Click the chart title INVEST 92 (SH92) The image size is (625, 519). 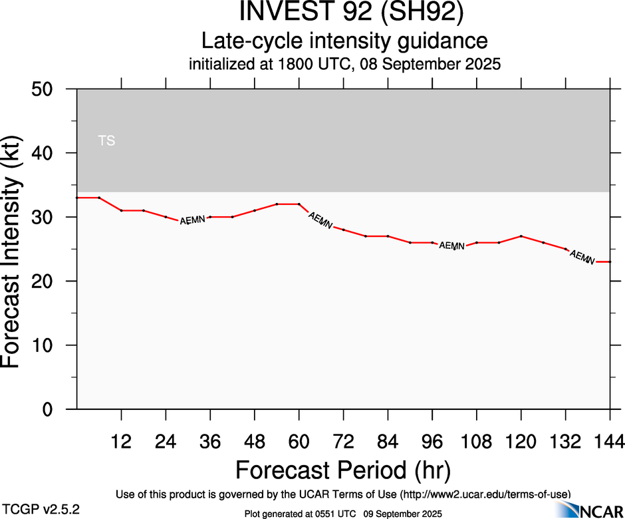[x=344, y=13]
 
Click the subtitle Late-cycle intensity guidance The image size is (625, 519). [x=344, y=41]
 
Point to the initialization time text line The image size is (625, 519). [x=344, y=65]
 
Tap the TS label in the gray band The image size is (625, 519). [x=106, y=140]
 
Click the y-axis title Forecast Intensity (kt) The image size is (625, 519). [x=16, y=250]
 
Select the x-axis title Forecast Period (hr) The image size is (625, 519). [x=343, y=470]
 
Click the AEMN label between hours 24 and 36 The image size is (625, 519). [x=193, y=220]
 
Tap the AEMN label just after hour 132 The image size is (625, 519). [x=582, y=257]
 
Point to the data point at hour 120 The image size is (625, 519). [x=521, y=236]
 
